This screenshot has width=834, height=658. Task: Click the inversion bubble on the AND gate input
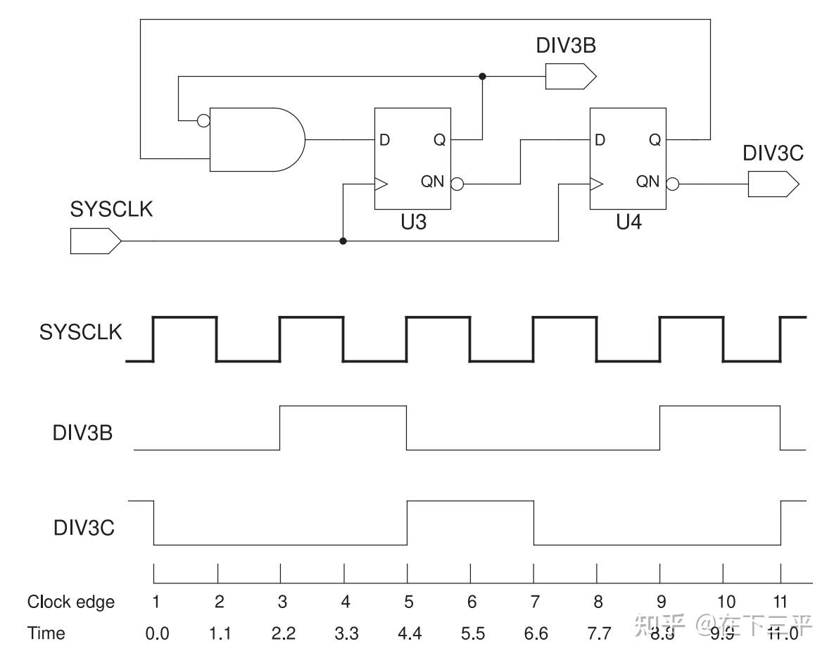[x=203, y=121]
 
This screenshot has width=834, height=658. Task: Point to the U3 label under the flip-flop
[x=412, y=224]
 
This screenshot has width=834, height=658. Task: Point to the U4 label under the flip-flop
[x=628, y=224]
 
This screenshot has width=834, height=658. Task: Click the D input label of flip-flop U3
[x=384, y=140]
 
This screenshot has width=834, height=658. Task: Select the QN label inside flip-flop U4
[x=648, y=182]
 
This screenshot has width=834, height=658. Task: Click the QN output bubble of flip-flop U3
[x=457, y=185]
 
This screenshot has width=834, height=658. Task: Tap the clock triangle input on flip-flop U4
[x=596, y=185]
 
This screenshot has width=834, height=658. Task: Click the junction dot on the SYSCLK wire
[x=343, y=241]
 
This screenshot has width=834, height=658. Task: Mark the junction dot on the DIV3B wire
[x=482, y=76]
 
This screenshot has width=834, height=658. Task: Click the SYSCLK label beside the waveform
[x=80, y=332]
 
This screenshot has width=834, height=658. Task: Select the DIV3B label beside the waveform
[x=83, y=433]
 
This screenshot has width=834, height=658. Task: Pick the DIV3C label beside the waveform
[x=84, y=527]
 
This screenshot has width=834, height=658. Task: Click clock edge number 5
[x=408, y=602]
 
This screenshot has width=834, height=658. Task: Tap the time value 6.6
[x=536, y=634]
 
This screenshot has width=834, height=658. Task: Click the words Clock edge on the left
[x=70, y=602]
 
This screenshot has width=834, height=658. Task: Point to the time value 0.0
[x=157, y=634]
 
